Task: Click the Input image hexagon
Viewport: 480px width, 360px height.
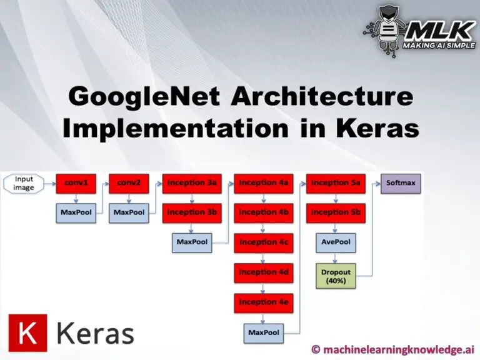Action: [x=24, y=184]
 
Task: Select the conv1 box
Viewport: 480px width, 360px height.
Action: [x=76, y=184]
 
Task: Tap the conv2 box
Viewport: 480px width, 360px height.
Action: [x=129, y=184]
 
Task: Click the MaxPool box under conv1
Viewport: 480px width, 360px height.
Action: [x=76, y=213]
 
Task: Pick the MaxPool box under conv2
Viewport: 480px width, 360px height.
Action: [x=129, y=213]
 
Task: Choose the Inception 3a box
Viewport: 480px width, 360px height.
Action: [x=192, y=184]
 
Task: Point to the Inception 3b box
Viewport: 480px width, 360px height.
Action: [x=192, y=213]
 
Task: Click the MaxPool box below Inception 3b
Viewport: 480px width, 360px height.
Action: [x=192, y=242]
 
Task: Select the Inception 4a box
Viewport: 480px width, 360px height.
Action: [x=264, y=184]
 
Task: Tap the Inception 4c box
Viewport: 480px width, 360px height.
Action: [x=264, y=242]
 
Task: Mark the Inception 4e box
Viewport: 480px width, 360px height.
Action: [x=264, y=303]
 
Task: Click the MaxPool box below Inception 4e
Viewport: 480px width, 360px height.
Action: [x=264, y=333]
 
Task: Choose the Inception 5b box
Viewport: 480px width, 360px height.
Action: [x=336, y=213]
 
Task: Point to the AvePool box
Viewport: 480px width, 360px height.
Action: [x=336, y=242]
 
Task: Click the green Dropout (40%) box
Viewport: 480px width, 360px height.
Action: [x=336, y=276]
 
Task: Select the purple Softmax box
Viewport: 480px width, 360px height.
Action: [x=401, y=184]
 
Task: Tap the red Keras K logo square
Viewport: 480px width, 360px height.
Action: [x=28, y=332]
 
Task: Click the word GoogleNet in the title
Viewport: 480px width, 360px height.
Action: [x=144, y=97]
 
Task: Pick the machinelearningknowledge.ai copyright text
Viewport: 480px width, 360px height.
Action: [x=393, y=349]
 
